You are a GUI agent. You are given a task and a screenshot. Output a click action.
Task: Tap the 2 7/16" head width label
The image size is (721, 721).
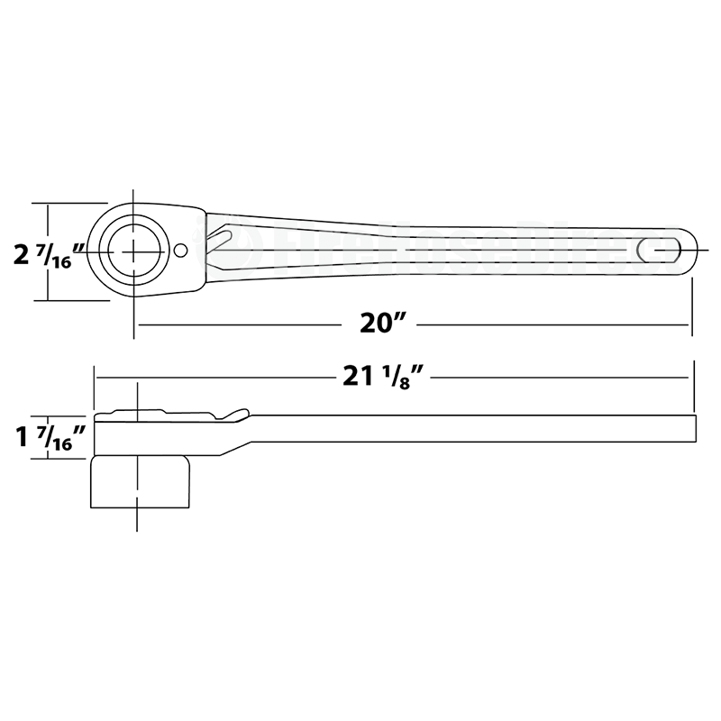50,255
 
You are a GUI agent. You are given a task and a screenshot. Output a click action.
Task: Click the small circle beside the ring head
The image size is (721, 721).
181,250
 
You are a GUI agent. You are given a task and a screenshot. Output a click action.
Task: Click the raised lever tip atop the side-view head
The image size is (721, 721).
236,414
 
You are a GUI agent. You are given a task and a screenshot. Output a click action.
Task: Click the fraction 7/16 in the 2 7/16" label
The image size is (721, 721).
65,256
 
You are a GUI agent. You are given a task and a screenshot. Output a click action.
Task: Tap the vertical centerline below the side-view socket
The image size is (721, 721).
137,521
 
